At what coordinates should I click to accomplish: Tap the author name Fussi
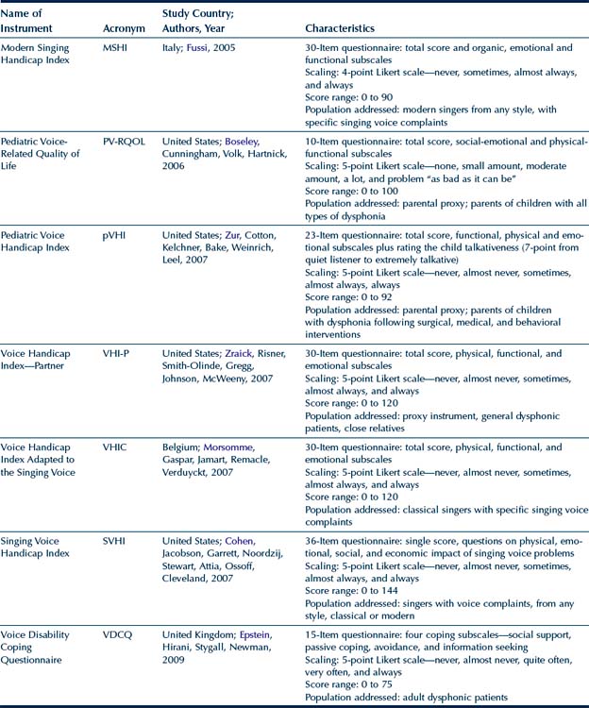198,47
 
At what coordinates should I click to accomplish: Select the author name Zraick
246,353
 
